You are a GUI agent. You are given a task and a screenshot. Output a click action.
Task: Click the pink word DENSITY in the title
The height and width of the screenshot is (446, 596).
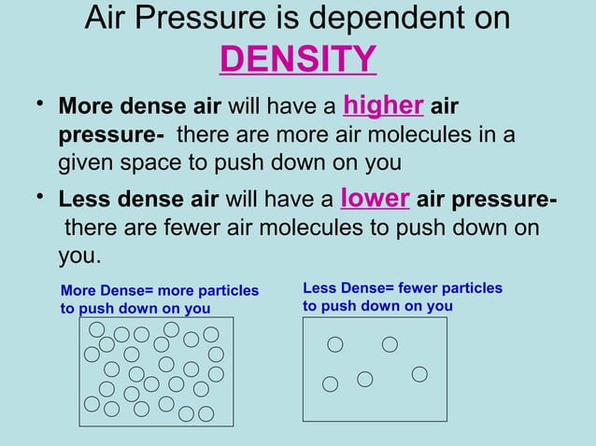click(297, 59)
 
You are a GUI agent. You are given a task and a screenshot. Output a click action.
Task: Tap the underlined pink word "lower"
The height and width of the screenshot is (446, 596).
click(376, 198)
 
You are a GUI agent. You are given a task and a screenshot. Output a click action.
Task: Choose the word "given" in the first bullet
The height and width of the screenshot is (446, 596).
click(88, 162)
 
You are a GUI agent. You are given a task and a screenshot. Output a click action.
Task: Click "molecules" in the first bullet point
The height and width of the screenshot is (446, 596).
click(434, 134)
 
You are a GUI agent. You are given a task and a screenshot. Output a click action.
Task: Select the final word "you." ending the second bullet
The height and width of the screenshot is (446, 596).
click(79, 256)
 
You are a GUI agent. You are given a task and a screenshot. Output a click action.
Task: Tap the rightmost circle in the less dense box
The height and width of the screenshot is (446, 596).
click(419, 373)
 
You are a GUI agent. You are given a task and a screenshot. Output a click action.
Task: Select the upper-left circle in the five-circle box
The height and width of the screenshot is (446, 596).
click(334, 344)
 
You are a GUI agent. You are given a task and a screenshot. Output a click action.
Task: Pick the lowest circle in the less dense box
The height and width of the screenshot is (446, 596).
click(330, 383)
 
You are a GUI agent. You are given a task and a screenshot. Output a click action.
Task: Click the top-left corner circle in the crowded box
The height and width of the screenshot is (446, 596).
click(96, 329)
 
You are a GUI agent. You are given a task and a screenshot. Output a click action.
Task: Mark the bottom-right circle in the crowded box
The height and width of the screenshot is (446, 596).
click(206, 412)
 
